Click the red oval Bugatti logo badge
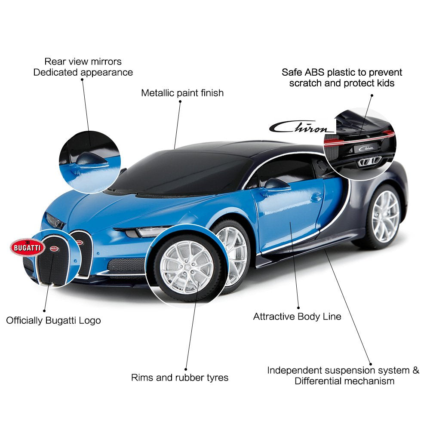click(x=28, y=247)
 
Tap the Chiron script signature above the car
click(x=302, y=127)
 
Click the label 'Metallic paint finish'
click(x=182, y=93)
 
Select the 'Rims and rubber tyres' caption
click(x=180, y=378)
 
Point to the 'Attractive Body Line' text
click(x=297, y=317)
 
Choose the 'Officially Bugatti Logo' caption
click(x=53, y=321)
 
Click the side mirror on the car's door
click(x=276, y=184)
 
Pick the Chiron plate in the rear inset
click(x=366, y=148)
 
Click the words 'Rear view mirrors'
click(x=83, y=61)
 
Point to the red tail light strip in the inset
click(x=359, y=139)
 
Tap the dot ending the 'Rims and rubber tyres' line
click(x=186, y=369)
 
